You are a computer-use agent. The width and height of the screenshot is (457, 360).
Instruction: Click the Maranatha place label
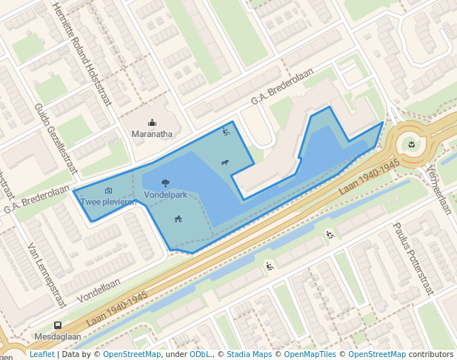click(152, 134)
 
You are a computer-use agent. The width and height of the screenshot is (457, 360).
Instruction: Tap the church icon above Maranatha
click(152, 123)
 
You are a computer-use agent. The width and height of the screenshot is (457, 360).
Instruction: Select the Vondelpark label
click(165, 195)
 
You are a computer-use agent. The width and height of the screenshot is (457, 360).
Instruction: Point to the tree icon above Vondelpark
click(164, 182)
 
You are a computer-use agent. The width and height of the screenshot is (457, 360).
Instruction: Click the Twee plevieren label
click(108, 201)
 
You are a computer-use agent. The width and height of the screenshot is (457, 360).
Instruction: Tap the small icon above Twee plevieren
click(108, 190)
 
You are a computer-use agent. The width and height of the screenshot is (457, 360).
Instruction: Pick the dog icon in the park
click(224, 163)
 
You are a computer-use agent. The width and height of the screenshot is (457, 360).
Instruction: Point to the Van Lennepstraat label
click(47, 275)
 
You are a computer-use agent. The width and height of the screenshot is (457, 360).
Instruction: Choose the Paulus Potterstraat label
click(413, 257)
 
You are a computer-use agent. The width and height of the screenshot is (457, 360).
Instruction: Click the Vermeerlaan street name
click(437, 190)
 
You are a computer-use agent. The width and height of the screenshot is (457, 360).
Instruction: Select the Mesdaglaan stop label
click(57, 336)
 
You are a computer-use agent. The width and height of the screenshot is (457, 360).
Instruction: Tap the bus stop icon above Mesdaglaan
click(57, 325)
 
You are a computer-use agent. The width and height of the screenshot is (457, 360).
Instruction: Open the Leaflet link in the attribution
click(41, 354)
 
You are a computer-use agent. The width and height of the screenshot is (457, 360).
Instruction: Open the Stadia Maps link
click(249, 354)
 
